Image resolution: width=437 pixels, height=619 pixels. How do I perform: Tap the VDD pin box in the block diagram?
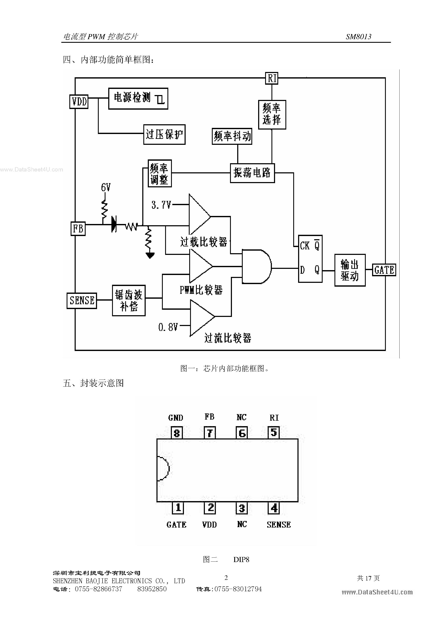79,102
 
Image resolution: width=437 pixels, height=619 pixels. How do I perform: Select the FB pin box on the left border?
78,229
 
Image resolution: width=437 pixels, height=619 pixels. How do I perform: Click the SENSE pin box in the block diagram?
82,300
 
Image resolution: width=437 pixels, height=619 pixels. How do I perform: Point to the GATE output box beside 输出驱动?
384,270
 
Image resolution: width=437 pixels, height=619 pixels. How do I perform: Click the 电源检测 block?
138,98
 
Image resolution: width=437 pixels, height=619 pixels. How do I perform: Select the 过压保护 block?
164,134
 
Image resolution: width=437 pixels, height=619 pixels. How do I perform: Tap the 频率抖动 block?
232,136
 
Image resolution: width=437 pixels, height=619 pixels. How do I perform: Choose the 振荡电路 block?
252,173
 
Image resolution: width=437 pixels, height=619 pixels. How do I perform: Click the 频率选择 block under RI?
272,115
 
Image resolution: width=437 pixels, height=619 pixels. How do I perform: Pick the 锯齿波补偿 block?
129,300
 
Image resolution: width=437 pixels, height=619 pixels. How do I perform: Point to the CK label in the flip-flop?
305,246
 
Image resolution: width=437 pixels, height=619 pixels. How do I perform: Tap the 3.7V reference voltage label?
161,205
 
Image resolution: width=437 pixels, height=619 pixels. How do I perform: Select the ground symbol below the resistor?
150,255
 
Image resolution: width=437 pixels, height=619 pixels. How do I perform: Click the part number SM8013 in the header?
358,37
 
